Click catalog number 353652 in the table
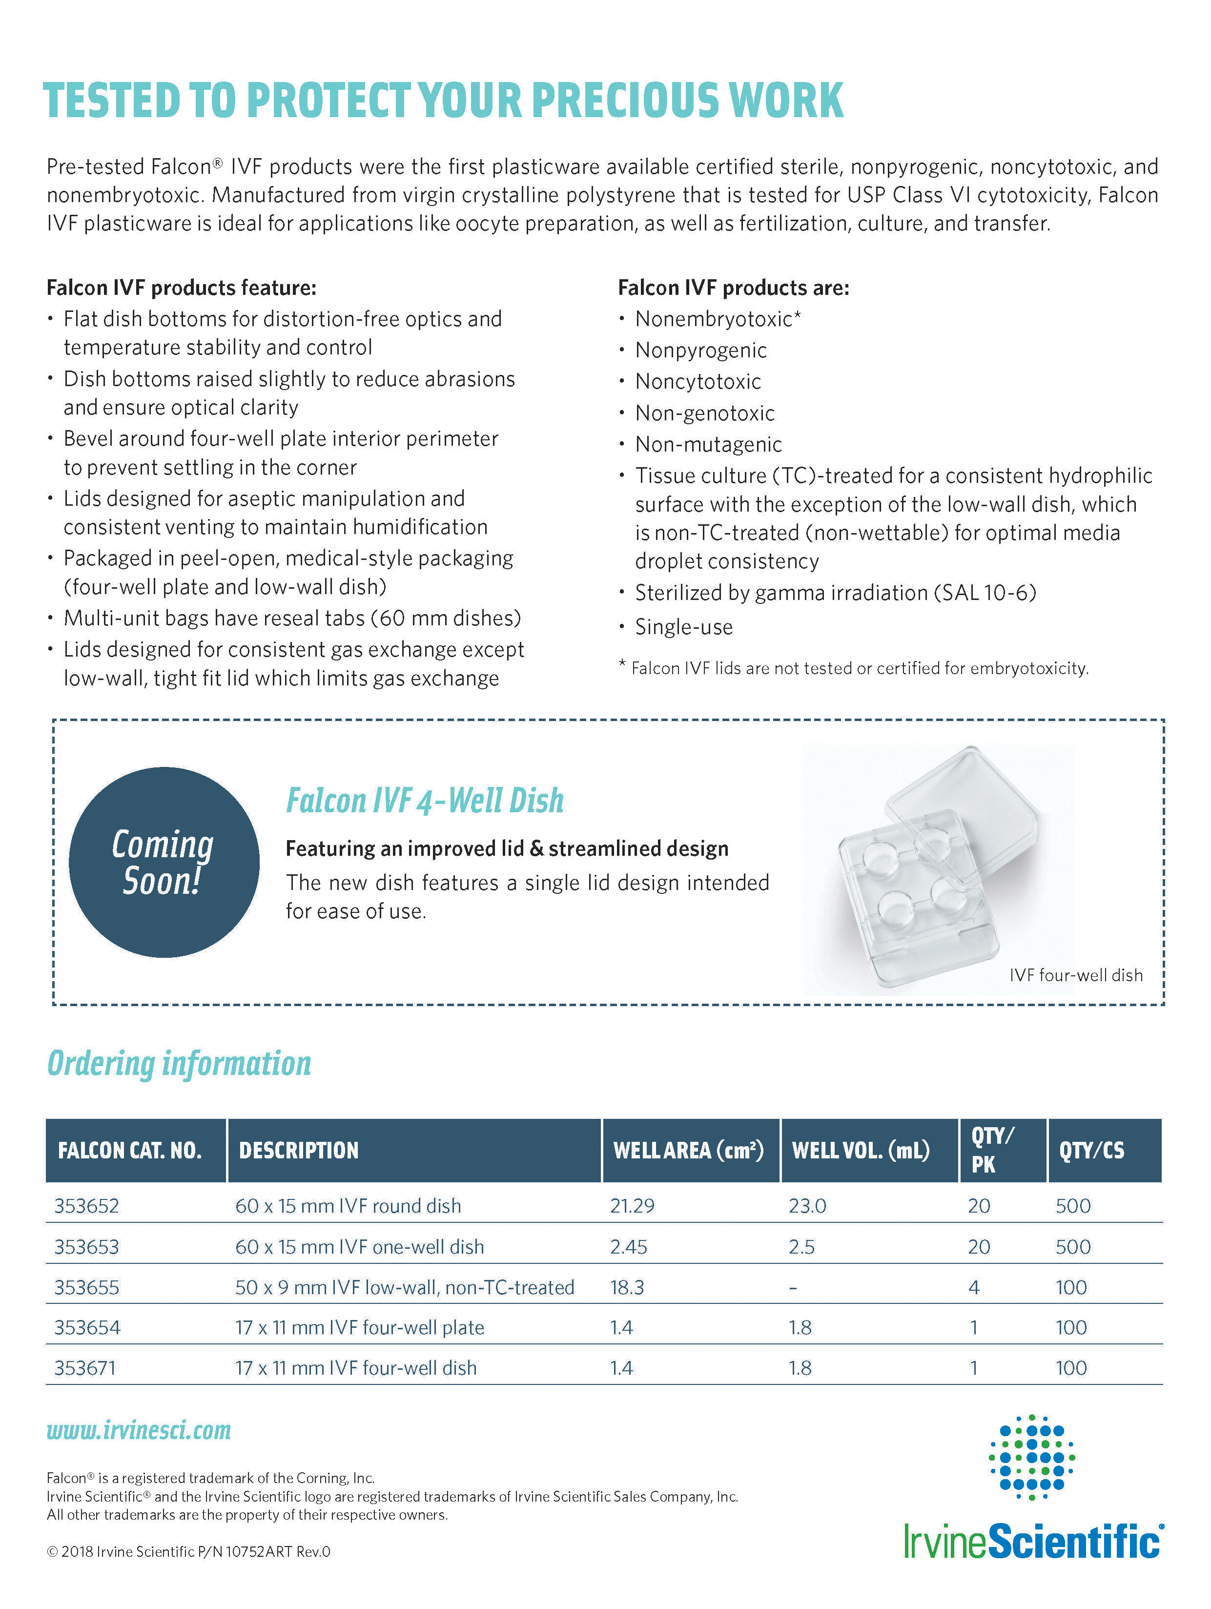[86, 1206]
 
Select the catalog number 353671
[84, 1368]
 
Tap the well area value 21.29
[632, 1206]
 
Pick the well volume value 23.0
[807, 1206]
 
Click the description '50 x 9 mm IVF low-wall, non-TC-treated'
[404, 1287]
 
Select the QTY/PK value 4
[974, 1287]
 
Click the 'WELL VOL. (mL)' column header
[861, 1151]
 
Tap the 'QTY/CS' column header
[1091, 1151]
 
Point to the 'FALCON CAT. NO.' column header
[129, 1151]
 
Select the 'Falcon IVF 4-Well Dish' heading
[425, 801]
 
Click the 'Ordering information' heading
[179, 1063]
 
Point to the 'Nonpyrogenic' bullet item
[700, 351]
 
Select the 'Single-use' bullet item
[684, 627]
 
